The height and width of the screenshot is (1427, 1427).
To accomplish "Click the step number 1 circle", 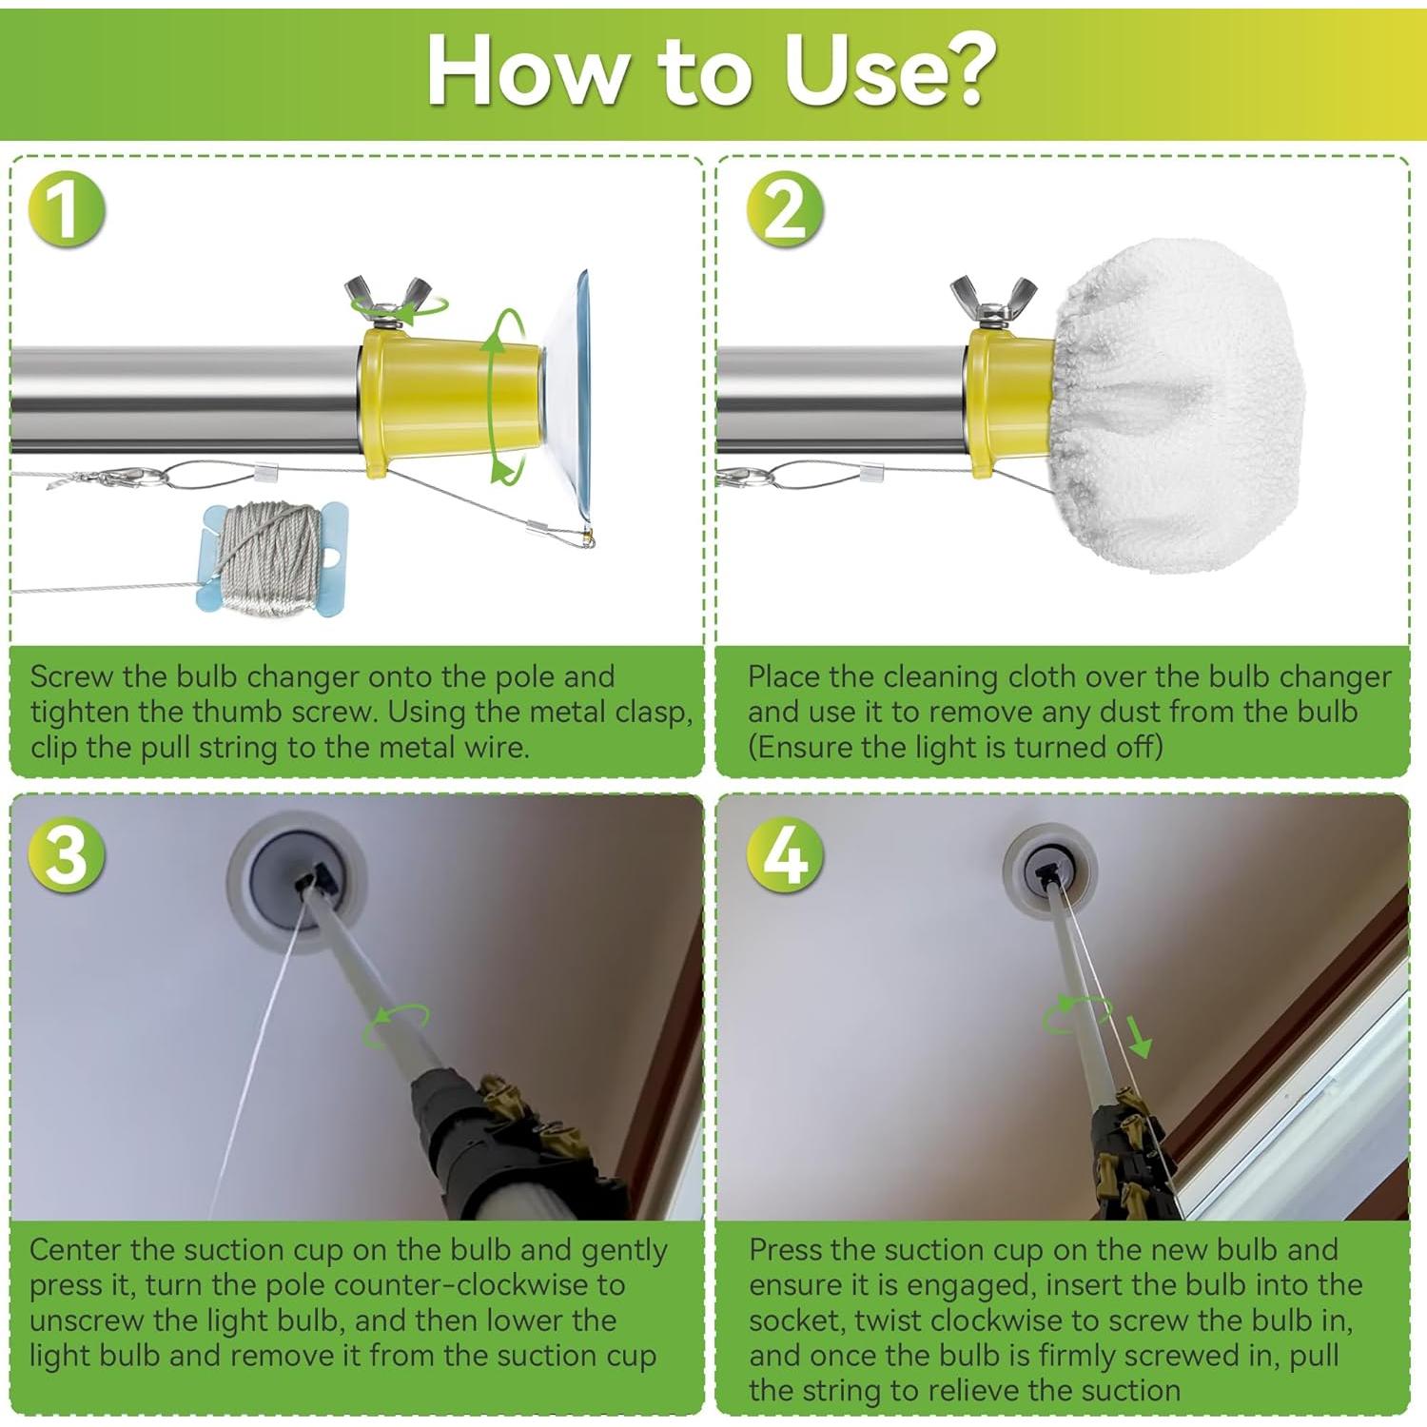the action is coord(66,208).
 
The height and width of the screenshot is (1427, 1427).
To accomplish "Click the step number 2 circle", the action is coord(785,208).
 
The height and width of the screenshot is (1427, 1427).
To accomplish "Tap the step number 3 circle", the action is coord(66,853).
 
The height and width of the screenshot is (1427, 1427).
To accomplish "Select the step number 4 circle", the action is coord(785,853).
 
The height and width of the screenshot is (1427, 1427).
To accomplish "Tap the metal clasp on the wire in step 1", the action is coord(124,477).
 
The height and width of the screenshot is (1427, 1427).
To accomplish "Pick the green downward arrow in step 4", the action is coord(1138,1036).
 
